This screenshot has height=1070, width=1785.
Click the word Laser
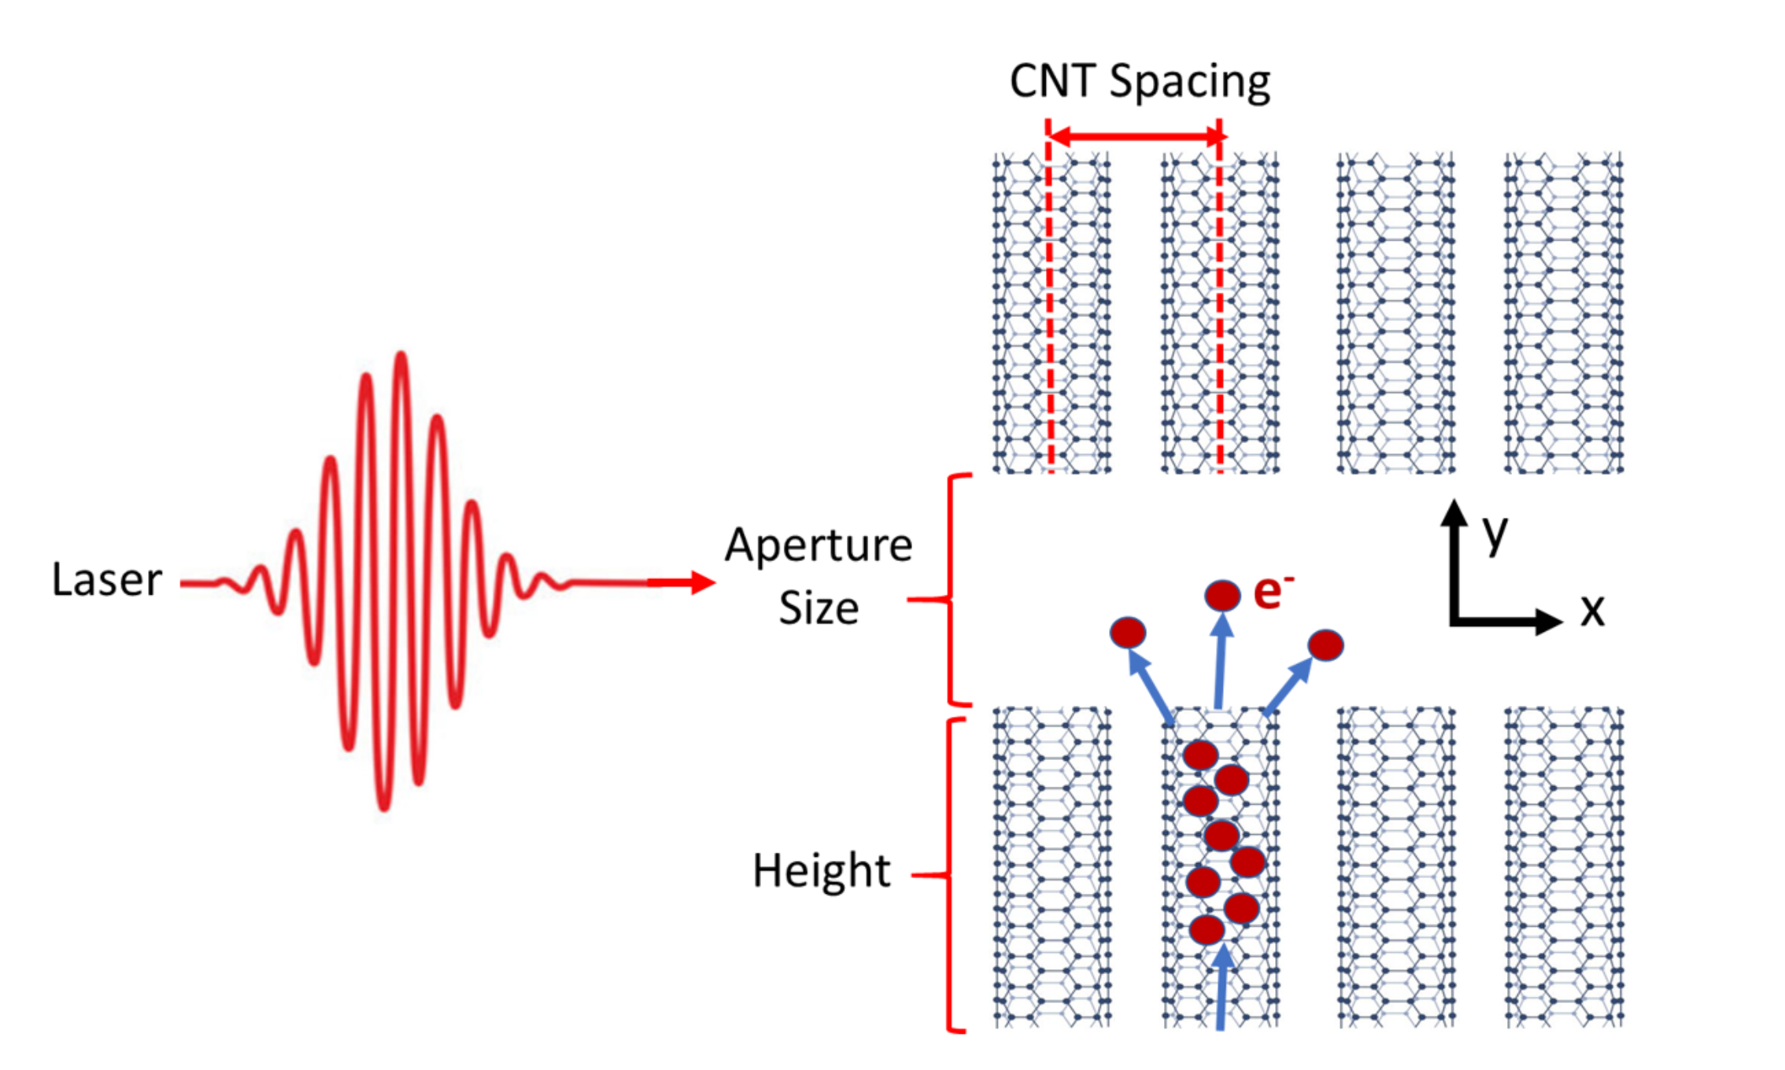pyautogui.click(x=107, y=580)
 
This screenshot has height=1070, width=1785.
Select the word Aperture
pyautogui.click(x=819, y=546)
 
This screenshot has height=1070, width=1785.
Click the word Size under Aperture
pyautogui.click(x=819, y=608)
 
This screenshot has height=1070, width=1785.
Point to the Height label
pyautogui.click(x=821, y=871)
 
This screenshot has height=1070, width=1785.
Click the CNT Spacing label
pyautogui.click(x=1139, y=81)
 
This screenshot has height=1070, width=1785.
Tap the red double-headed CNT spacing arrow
pyautogui.click(x=1135, y=137)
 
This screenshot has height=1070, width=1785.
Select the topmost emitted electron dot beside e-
pyautogui.click(x=1222, y=595)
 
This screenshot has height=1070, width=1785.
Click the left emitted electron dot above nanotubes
pyautogui.click(x=1128, y=633)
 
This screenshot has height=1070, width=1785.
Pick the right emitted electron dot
pyautogui.click(x=1325, y=645)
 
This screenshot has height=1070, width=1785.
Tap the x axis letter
pyautogui.click(x=1592, y=610)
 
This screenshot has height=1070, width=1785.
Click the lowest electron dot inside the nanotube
pyautogui.click(x=1207, y=929)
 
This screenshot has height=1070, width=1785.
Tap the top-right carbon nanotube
pyautogui.click(x=1563, y=313)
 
